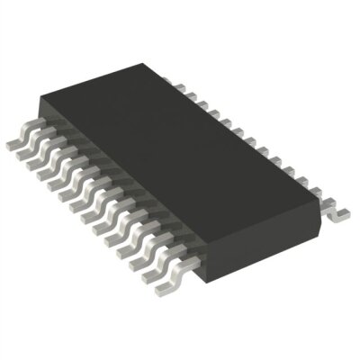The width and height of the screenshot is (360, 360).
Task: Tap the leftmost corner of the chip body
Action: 38,117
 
